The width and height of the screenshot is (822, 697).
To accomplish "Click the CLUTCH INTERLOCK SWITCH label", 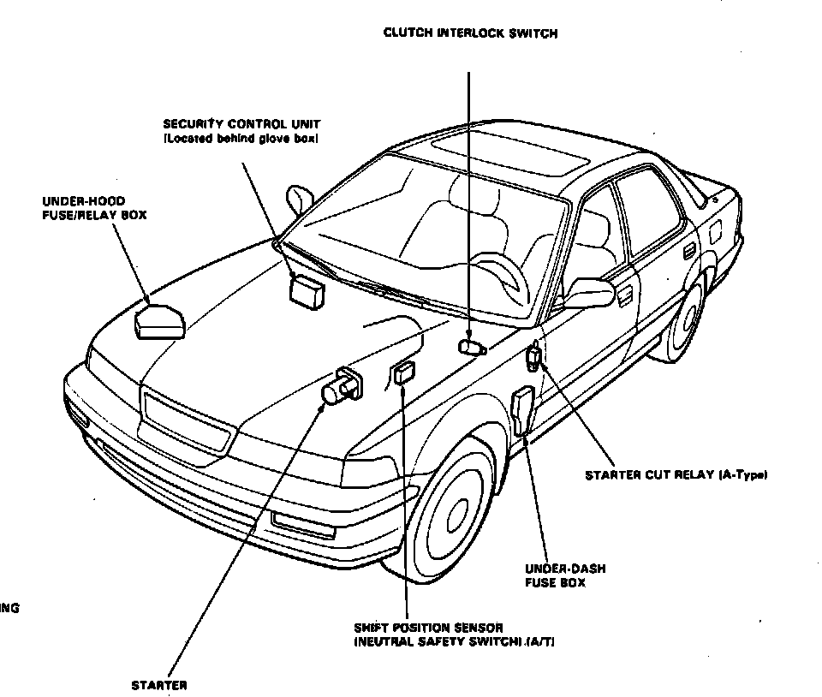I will point(470,33).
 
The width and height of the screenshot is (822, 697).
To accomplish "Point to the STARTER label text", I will point(159,685).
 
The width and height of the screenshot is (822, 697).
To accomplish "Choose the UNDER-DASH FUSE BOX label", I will point(555,575).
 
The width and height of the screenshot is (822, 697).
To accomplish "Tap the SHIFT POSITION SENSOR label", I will point(454,634).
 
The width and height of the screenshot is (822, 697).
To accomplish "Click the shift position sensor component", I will point(402,373).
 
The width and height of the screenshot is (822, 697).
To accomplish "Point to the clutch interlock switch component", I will point(471,347).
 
